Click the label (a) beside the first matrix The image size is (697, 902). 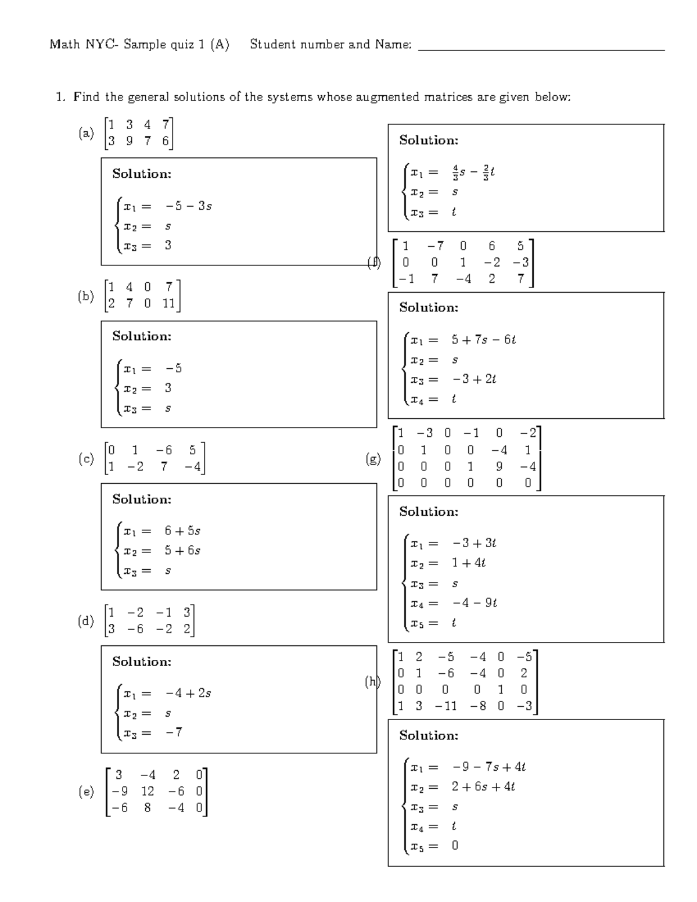coord(86,134)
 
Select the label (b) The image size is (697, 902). coord(86,296)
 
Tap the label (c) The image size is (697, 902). coord(86,459)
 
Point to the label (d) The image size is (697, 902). coord(86,621)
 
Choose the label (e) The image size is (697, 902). coord(86,792)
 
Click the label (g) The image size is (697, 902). coord(373,459)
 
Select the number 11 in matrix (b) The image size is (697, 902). coord(168,303)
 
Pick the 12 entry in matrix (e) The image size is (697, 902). coord(148,791)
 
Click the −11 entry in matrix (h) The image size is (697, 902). coord(445,706)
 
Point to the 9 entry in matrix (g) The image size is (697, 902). coord(499,466)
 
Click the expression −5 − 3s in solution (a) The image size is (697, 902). coord(188,206)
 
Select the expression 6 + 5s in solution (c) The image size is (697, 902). coord(182,531)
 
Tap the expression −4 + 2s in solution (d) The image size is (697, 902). coord(188,693)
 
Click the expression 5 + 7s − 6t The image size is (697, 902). coord(484,340)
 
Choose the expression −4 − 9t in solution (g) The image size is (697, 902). coord(475,603)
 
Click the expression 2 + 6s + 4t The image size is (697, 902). coord(483,787)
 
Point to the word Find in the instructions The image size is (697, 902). coord(87,97)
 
